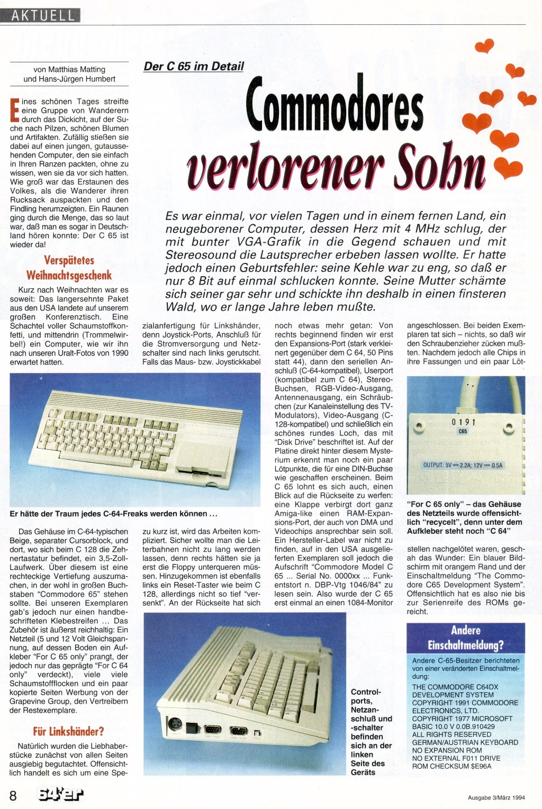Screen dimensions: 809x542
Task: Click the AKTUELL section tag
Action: click(x=42, y=15)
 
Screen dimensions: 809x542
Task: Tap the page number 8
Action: click(x=13, y=795)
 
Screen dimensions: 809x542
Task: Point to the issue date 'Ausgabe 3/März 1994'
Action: click(x=496, y=798)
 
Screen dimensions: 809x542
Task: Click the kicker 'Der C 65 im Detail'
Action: click(x=194, y=66)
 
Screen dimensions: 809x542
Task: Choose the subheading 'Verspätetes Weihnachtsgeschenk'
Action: click(x=69, y=268)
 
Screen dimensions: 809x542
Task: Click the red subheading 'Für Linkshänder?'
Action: click(x=68, y=731)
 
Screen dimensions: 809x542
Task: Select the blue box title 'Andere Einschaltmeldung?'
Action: click(x=465, y=638)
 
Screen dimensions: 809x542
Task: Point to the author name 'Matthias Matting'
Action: click(x=77, y=69)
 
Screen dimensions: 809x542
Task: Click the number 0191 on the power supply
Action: click(x=463, y=422)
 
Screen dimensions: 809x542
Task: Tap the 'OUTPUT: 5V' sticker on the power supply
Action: click(x=463, y=465)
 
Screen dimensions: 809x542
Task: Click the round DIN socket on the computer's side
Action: click(x=174, y=723)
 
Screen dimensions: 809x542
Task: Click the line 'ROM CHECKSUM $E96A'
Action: click(x=451, y=766)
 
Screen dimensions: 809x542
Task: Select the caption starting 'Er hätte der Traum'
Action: click(x=114, y=514)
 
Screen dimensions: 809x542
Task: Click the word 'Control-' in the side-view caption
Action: click(x=365, y=692)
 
